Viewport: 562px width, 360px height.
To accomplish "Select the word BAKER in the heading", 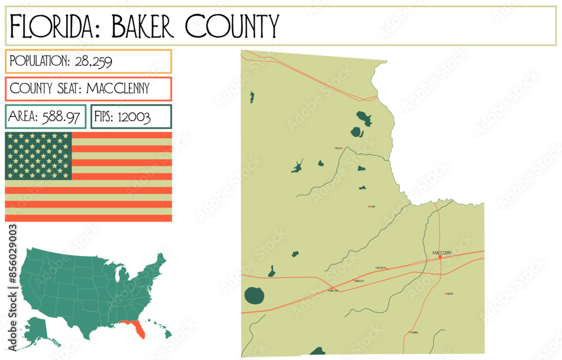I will (x=143, y=26).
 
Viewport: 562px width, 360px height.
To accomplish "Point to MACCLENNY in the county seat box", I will (x=118, y=88).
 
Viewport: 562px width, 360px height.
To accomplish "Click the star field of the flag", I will (x=38, y=156).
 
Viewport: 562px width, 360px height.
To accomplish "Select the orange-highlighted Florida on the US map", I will (x=136, y=328).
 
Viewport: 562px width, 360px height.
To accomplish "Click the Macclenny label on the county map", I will (x=442, y=253).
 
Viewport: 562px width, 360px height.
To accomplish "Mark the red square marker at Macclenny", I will (x=440, y=258).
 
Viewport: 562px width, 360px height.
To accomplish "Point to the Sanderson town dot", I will (x=353, y=280).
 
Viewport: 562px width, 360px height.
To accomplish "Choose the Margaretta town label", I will (x=380, y=268).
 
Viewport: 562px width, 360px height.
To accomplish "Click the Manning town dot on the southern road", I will (x=410, y=332).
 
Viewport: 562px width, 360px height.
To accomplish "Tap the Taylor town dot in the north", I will (x=343, y=148).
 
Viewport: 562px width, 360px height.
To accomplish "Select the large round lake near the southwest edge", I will (x=253, y=295).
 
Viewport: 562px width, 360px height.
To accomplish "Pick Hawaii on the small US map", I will (x=166, y=334).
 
